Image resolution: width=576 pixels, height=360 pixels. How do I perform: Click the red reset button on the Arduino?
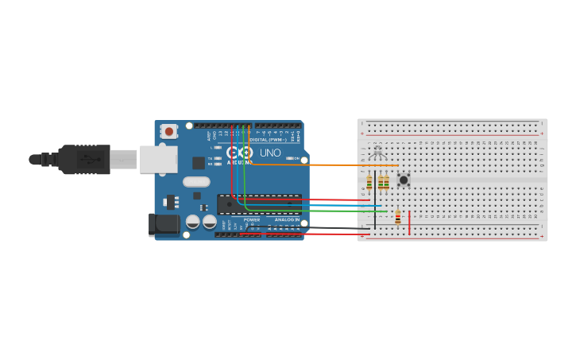click(168, 131)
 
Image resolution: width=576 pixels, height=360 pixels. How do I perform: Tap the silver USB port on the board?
click(158, 159)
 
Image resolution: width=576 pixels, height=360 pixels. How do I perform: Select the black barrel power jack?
click(164, 224)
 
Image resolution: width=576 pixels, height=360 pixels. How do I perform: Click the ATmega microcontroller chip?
click(259, 204)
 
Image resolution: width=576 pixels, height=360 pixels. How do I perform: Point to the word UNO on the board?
click(270, 153)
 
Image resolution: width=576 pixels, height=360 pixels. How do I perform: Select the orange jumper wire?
click(318, 165)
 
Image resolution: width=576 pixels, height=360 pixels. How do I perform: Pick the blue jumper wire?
click(318, 206)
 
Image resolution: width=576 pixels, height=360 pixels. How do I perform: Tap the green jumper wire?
click(318, 211)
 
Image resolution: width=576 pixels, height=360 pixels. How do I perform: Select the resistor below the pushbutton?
click(398, 216)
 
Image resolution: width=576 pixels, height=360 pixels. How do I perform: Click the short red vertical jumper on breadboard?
click(409, 223)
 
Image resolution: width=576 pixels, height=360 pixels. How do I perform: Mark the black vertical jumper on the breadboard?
click(375, 199)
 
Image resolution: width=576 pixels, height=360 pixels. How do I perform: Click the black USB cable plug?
click(83, 159)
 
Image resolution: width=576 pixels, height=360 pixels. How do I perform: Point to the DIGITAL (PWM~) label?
click(270, 139)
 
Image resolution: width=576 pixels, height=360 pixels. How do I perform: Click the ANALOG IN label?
click(287, 219)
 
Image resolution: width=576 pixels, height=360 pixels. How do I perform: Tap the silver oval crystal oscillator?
click(196, 181)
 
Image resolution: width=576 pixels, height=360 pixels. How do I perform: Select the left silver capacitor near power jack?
click(193, 222)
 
